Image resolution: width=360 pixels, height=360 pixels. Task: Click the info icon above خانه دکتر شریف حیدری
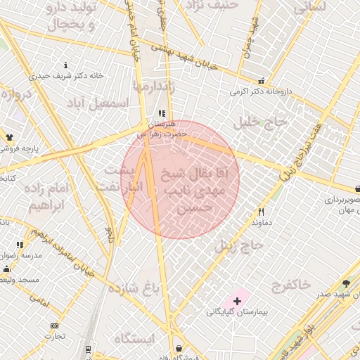pos(65,65)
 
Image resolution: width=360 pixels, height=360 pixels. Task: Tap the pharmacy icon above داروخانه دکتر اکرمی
pos(262,81)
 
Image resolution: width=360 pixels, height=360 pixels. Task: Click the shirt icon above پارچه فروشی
pos(10,138)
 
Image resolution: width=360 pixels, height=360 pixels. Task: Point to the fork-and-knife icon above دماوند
pos(261,212)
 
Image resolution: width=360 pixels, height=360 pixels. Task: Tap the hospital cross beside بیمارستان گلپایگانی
pos(237,301)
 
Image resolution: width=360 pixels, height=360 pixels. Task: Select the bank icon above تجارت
pos(54,326)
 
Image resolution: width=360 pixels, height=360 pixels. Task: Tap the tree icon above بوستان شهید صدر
pos(345,284)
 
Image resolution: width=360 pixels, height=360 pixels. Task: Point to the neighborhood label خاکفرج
pos(290,284)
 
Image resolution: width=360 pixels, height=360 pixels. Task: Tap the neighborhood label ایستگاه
pos(133,338)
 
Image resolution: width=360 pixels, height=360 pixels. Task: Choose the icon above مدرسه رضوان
pos(20,245)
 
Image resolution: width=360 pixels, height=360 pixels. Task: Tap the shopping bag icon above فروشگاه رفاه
pos(179,348)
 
